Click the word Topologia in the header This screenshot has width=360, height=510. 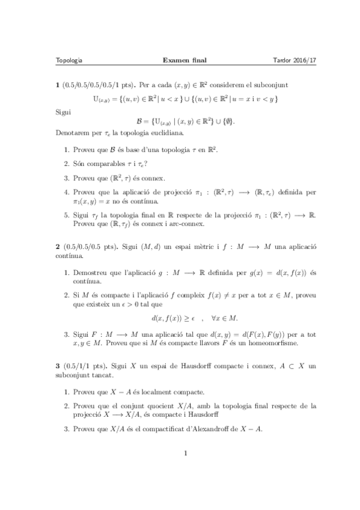(69, 60)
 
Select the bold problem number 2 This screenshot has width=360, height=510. (57, 247)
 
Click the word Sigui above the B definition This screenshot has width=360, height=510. (63, 111)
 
